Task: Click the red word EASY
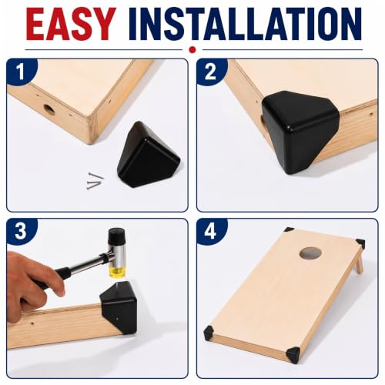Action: tap(70, 24)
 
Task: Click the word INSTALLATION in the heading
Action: tap(246, 24)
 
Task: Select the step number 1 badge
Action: tap(21, 72)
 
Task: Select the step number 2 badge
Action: tap(211, 72)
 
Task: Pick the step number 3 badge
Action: tap(21, 231)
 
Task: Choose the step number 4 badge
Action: tap(211, 231)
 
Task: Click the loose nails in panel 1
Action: tap(95, 182)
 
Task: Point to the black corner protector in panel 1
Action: tap(148, 154)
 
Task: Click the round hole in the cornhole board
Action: tap(310, 253)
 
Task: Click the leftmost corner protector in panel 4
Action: tap(209, 332)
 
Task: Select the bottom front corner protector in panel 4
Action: tap(293, 353)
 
